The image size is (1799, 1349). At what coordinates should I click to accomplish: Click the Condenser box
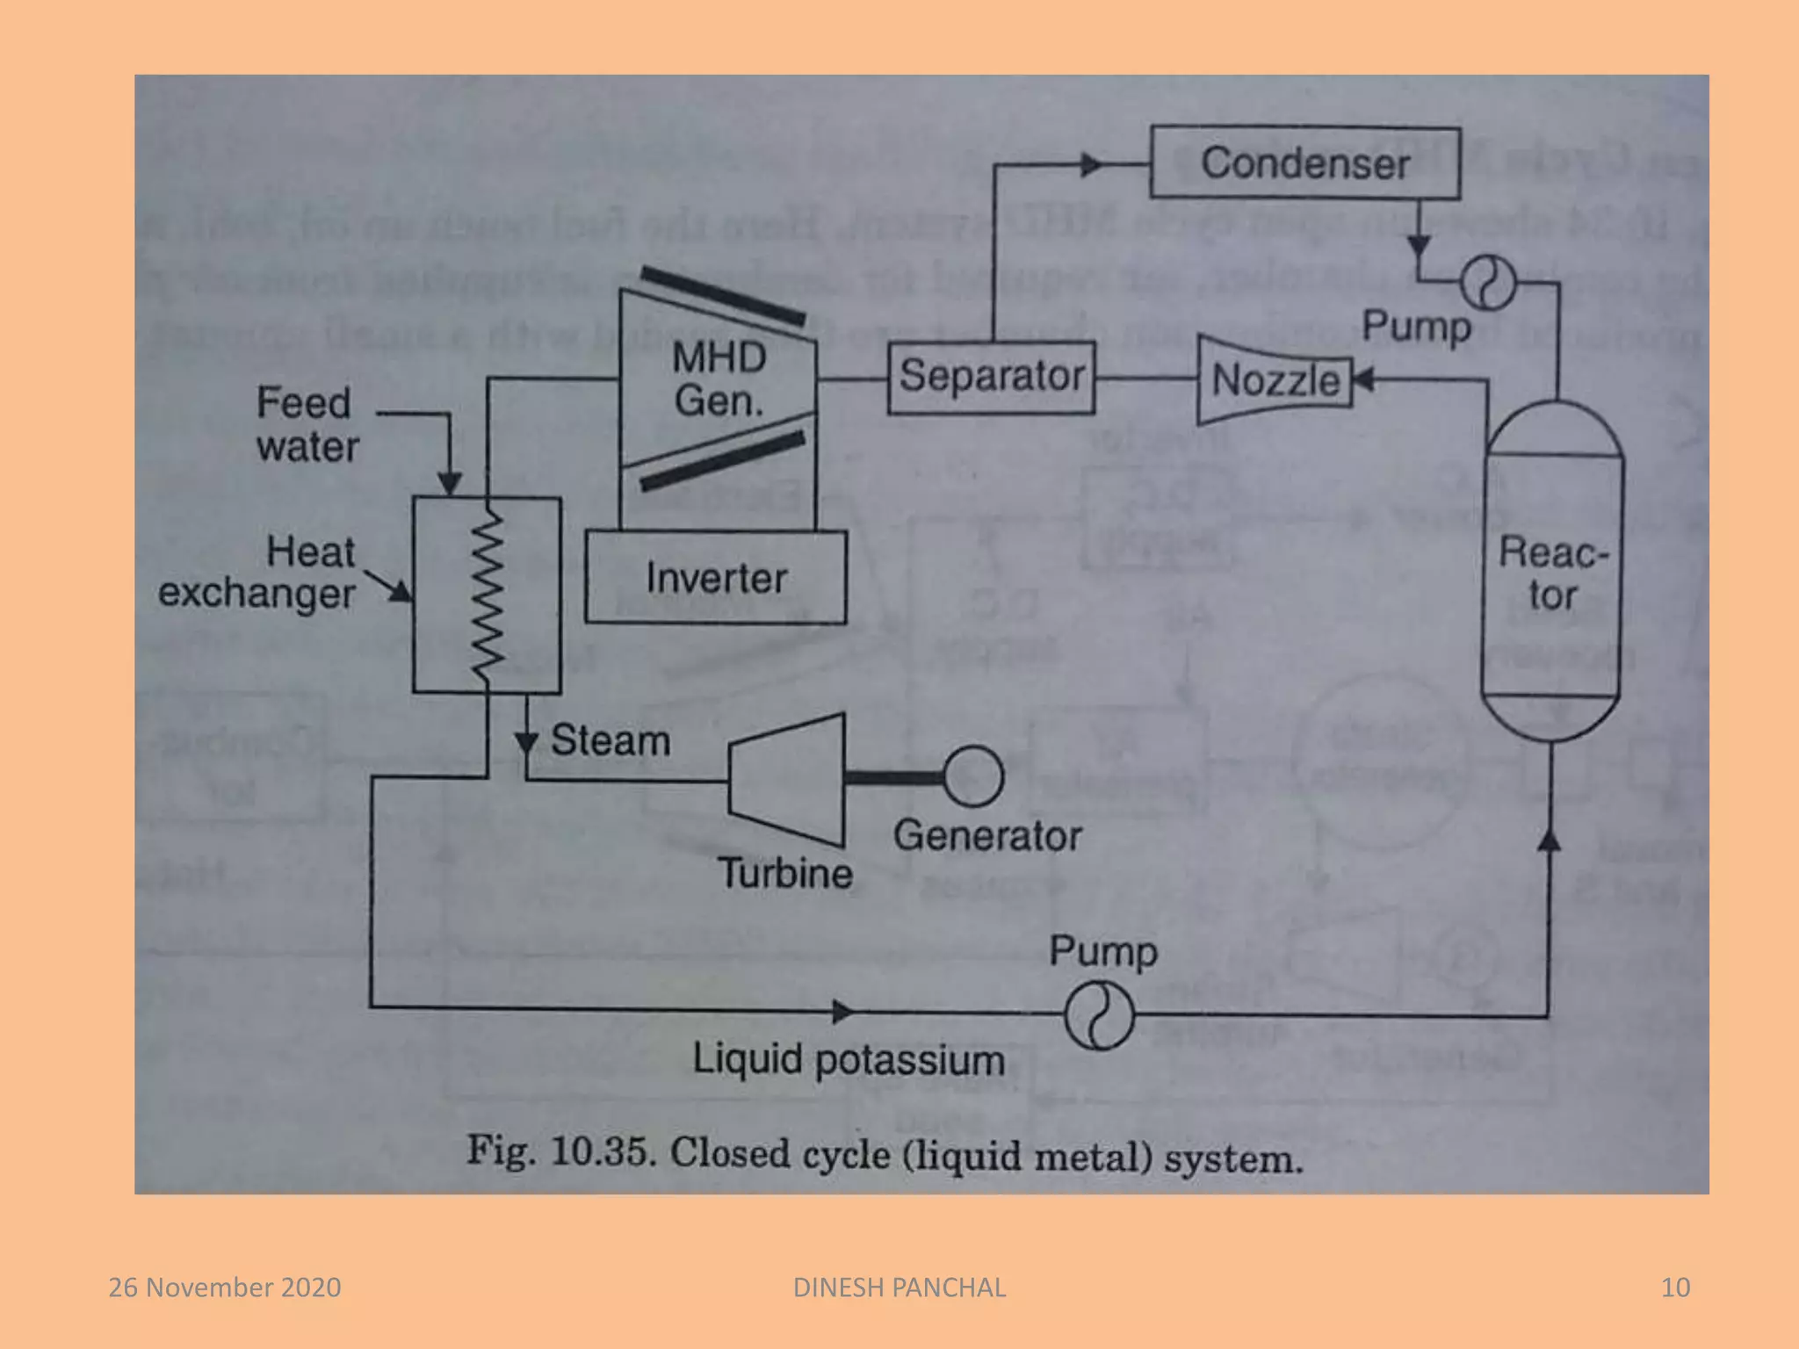(1305, 163)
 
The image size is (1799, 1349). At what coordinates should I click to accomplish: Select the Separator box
(991, 377)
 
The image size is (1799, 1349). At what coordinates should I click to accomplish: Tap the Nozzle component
(1275, 380)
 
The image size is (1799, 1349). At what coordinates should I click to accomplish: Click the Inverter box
(716, 578)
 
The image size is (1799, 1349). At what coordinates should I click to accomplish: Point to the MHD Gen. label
(719, 379)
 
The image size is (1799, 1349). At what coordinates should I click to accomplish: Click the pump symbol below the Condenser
(1488, 283)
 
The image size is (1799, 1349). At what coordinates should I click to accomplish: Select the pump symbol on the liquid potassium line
(1098, 1016)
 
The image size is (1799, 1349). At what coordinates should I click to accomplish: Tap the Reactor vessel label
(1552, 574)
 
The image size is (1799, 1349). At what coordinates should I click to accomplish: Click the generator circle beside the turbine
(973, 776)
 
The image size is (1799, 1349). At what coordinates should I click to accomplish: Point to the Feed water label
(307, 425)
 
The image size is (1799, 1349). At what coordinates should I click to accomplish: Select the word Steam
(611, 739)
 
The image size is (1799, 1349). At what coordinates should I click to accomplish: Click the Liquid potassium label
(849, 1059)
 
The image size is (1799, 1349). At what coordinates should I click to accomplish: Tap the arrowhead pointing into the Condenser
(1091, 164)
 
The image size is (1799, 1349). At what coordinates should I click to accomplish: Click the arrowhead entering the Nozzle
(1363, 380)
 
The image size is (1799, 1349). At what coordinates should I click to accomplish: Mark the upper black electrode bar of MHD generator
(722, 296)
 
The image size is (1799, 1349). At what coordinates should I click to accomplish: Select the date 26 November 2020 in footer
(225, 1288)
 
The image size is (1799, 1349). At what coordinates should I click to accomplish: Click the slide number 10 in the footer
(1675, 1288)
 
